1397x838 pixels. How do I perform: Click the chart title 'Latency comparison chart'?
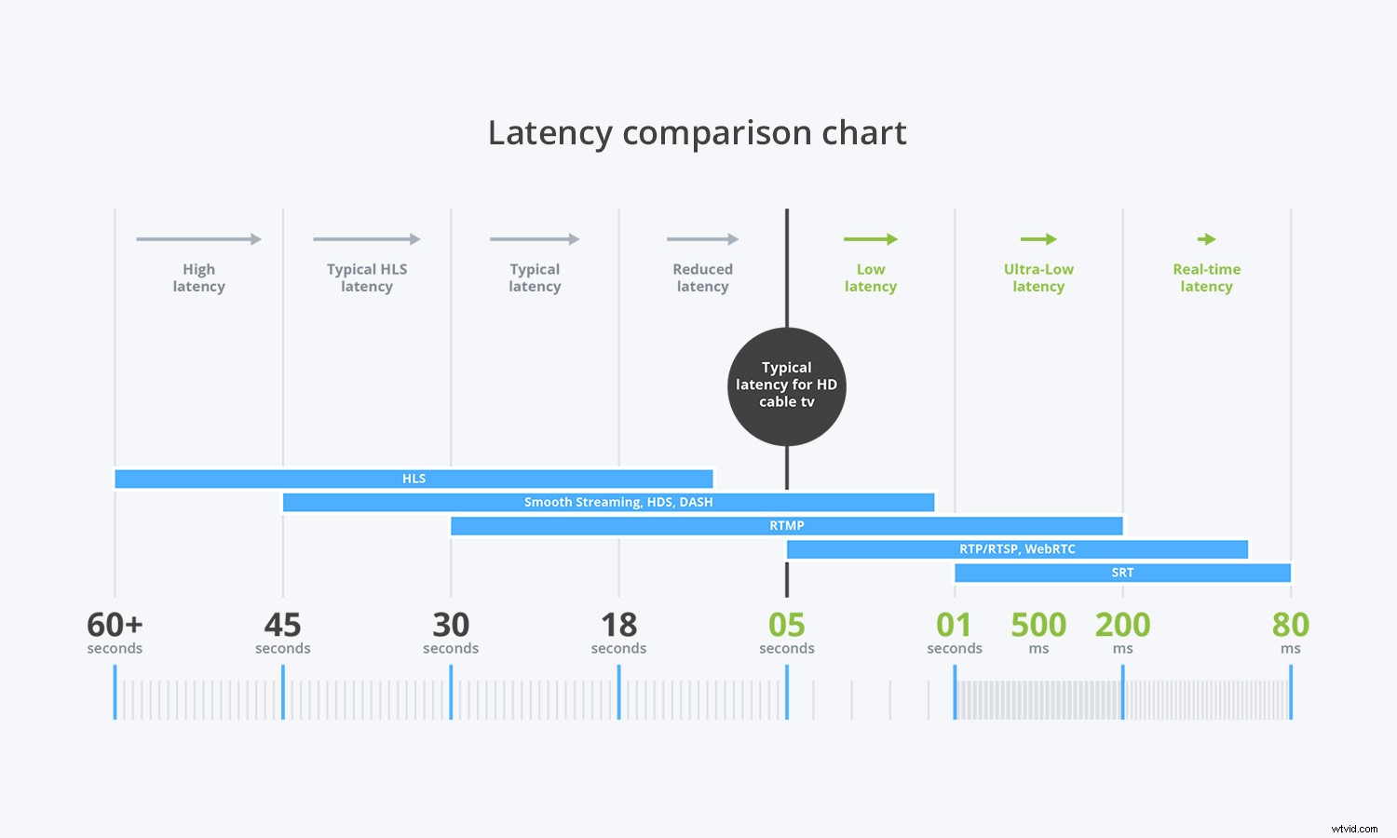[x=697, y=133]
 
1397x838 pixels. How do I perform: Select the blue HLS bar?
[x=414, y=479]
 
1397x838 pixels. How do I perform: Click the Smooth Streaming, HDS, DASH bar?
[x=608, y=502]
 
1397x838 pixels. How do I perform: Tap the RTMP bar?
[x=786, y=526]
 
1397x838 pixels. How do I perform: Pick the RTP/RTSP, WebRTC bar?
[x=1017, y=549]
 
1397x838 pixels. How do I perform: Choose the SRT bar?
[x=1122, y=573]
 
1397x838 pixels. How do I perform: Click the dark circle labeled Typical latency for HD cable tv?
[x=786, y=385]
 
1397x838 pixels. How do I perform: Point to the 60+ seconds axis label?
[x=115, y=632]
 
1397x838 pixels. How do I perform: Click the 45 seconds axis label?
[x=282, y=632]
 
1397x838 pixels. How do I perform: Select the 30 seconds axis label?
[x=451, y=632]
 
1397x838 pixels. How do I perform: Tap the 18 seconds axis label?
[x=618, y=632]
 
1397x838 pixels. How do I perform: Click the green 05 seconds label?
[x=786, y=632]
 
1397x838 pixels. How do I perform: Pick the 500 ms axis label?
[x=1038, y=632]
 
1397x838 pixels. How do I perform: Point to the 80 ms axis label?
[x=1290, y=632]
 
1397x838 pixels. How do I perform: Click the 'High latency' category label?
[x=198, y=277]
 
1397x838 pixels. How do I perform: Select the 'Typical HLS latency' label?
[x=367, y=277]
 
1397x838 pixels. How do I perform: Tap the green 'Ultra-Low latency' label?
[x=1038, y=277]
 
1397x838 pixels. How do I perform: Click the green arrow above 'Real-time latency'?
[x=1206, y=239]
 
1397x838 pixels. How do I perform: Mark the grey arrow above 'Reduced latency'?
[x=702, y=239]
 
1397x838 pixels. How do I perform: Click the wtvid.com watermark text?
[x=1354, y=828]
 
